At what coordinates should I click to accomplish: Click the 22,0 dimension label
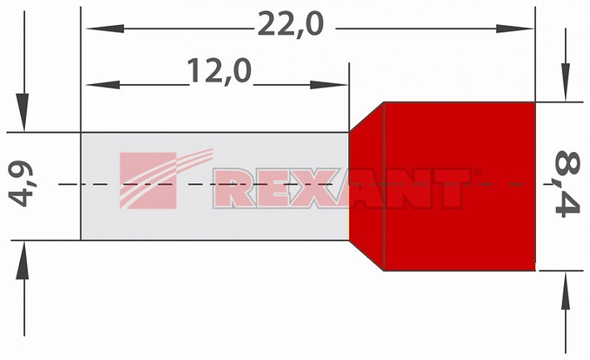point(290,24)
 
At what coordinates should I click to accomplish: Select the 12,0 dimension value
point(219,71)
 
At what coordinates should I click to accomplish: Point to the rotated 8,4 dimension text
point(568,184)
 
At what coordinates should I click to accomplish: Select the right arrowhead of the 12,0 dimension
point(328,85)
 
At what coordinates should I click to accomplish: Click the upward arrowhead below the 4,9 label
point(22,260)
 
